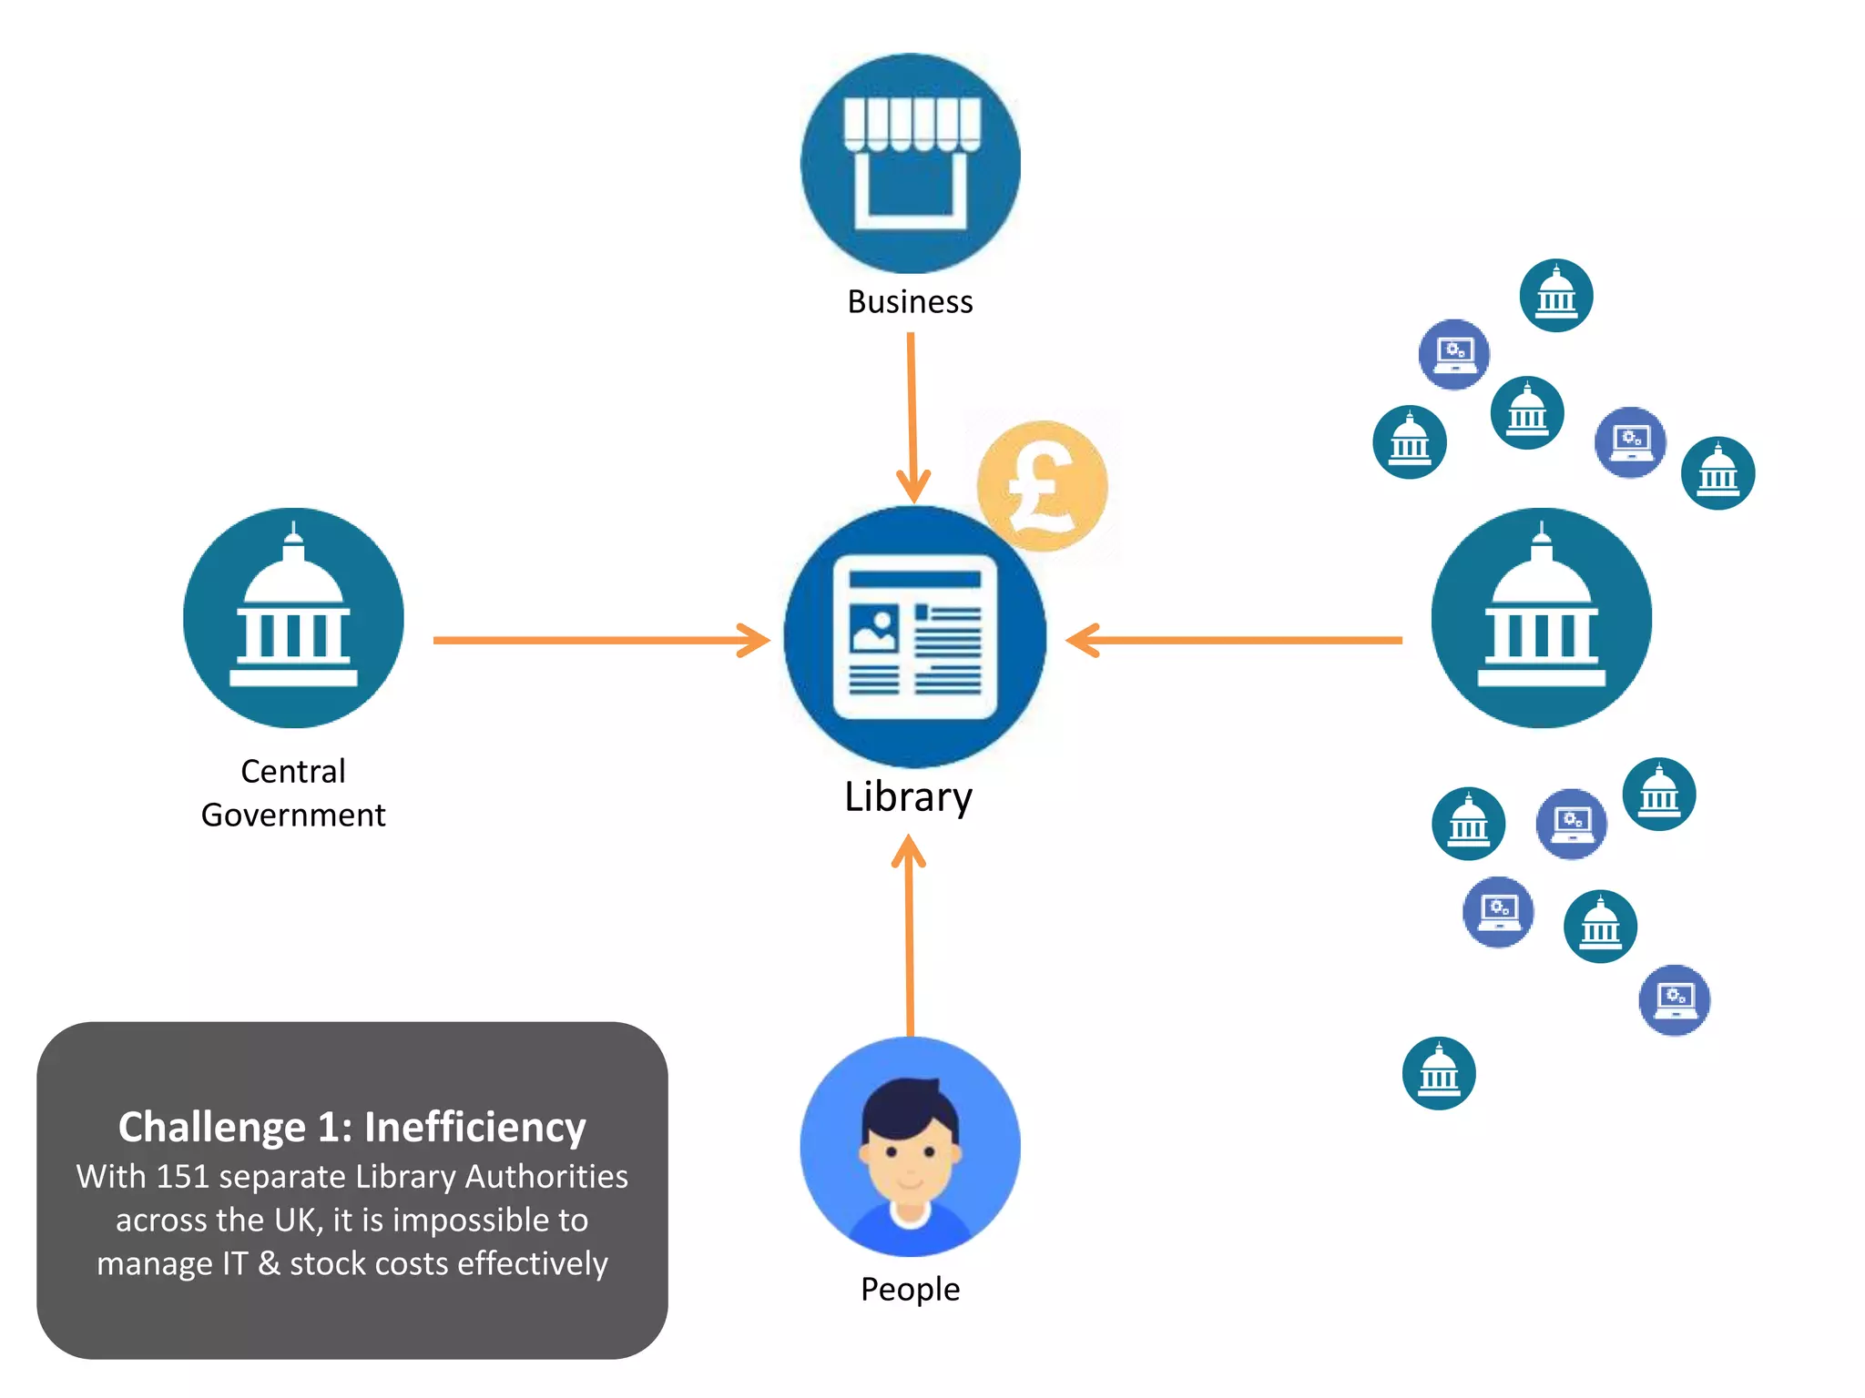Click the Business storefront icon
point(910,164)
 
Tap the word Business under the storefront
point(910,302)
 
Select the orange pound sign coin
point(1042,486)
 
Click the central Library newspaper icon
point(914,637)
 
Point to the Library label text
point(908,797)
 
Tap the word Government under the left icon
point(293,815)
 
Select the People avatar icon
point(910,1147)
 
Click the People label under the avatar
point(910,1290)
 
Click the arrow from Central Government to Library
point(601,640)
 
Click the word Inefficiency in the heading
point(474,1128)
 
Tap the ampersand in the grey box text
point(269,1264)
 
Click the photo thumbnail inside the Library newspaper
point(873,629)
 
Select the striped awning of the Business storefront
point(912,124)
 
